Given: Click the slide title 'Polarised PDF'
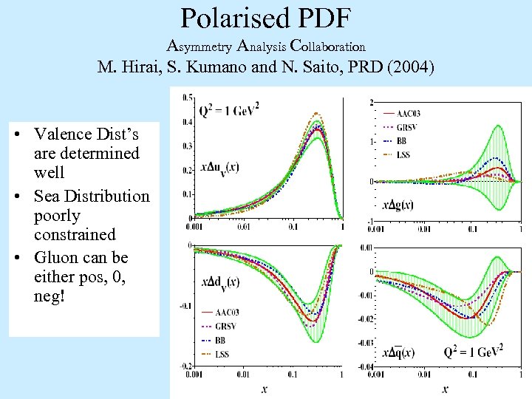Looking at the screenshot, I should (265, 18).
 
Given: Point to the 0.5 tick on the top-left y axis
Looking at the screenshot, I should (188, 98).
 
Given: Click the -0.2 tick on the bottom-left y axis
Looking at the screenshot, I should (185, 366).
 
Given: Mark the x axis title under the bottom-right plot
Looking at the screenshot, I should (445, 388).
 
